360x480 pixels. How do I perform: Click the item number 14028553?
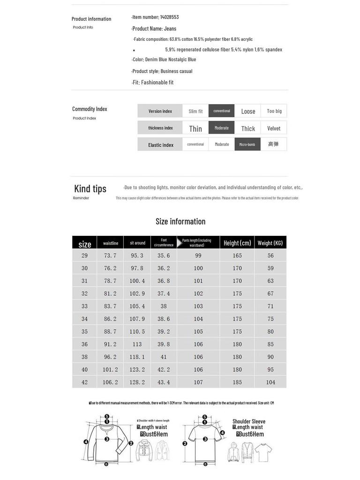[169, 17]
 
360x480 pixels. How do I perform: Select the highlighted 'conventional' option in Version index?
[222, 111]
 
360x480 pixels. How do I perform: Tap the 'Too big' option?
[274, 111]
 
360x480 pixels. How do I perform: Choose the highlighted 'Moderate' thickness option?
[222, 128]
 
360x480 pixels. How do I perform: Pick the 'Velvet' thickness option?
[274, 128]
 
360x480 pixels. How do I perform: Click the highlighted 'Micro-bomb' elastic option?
[247, 144]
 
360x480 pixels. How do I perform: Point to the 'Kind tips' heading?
[90, 188]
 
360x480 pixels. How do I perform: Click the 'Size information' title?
[180, 221]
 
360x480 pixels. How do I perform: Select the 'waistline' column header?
[111, 243]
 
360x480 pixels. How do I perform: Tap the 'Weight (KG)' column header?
[270, 243]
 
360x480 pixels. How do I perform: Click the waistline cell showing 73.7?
[110, 255]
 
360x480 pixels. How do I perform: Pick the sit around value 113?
[137, 344]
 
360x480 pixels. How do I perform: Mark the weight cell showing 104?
[270, 382]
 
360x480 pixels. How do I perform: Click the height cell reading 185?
[237, 382]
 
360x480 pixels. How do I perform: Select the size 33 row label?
[84, 306]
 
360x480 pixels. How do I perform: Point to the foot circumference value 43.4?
[164, 382]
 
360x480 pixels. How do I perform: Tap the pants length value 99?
[198, 255]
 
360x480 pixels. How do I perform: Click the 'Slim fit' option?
[195, 111]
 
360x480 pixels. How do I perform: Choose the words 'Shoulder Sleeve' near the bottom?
[249, 421]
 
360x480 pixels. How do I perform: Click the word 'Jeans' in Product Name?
[170, 29]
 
